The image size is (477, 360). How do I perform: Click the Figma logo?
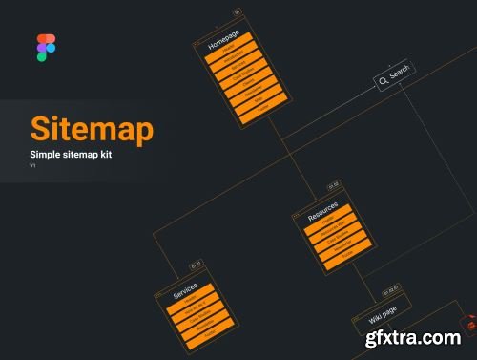46,48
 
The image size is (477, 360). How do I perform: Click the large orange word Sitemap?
92,130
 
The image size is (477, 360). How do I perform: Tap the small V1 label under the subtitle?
33,166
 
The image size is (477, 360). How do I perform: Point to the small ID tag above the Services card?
197,265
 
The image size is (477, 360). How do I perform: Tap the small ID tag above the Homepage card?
238,13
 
